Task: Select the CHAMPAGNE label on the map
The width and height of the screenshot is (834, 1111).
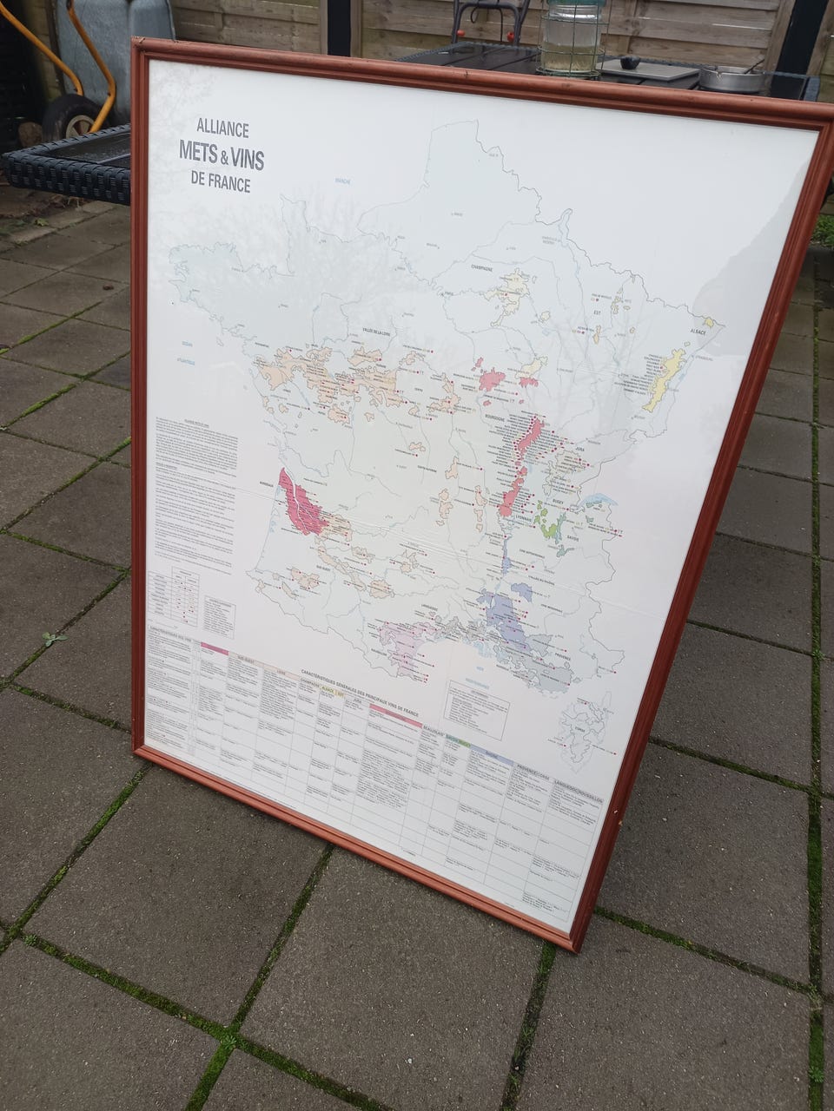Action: [487, 269]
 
